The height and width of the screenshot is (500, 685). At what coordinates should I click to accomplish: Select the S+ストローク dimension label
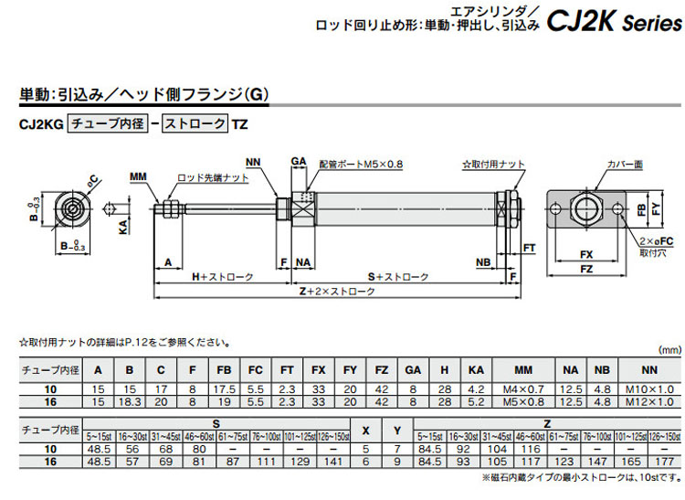coord(398,276)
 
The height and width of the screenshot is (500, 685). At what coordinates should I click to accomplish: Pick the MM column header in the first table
coord(522,370)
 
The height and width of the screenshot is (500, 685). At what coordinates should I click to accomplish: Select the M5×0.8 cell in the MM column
coord(522,401)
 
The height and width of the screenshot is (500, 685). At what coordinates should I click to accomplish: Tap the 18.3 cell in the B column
coord(130,401)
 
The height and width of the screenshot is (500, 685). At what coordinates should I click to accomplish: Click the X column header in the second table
coord(366,430)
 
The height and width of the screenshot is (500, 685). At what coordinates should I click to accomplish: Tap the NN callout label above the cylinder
coord(254,163)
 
